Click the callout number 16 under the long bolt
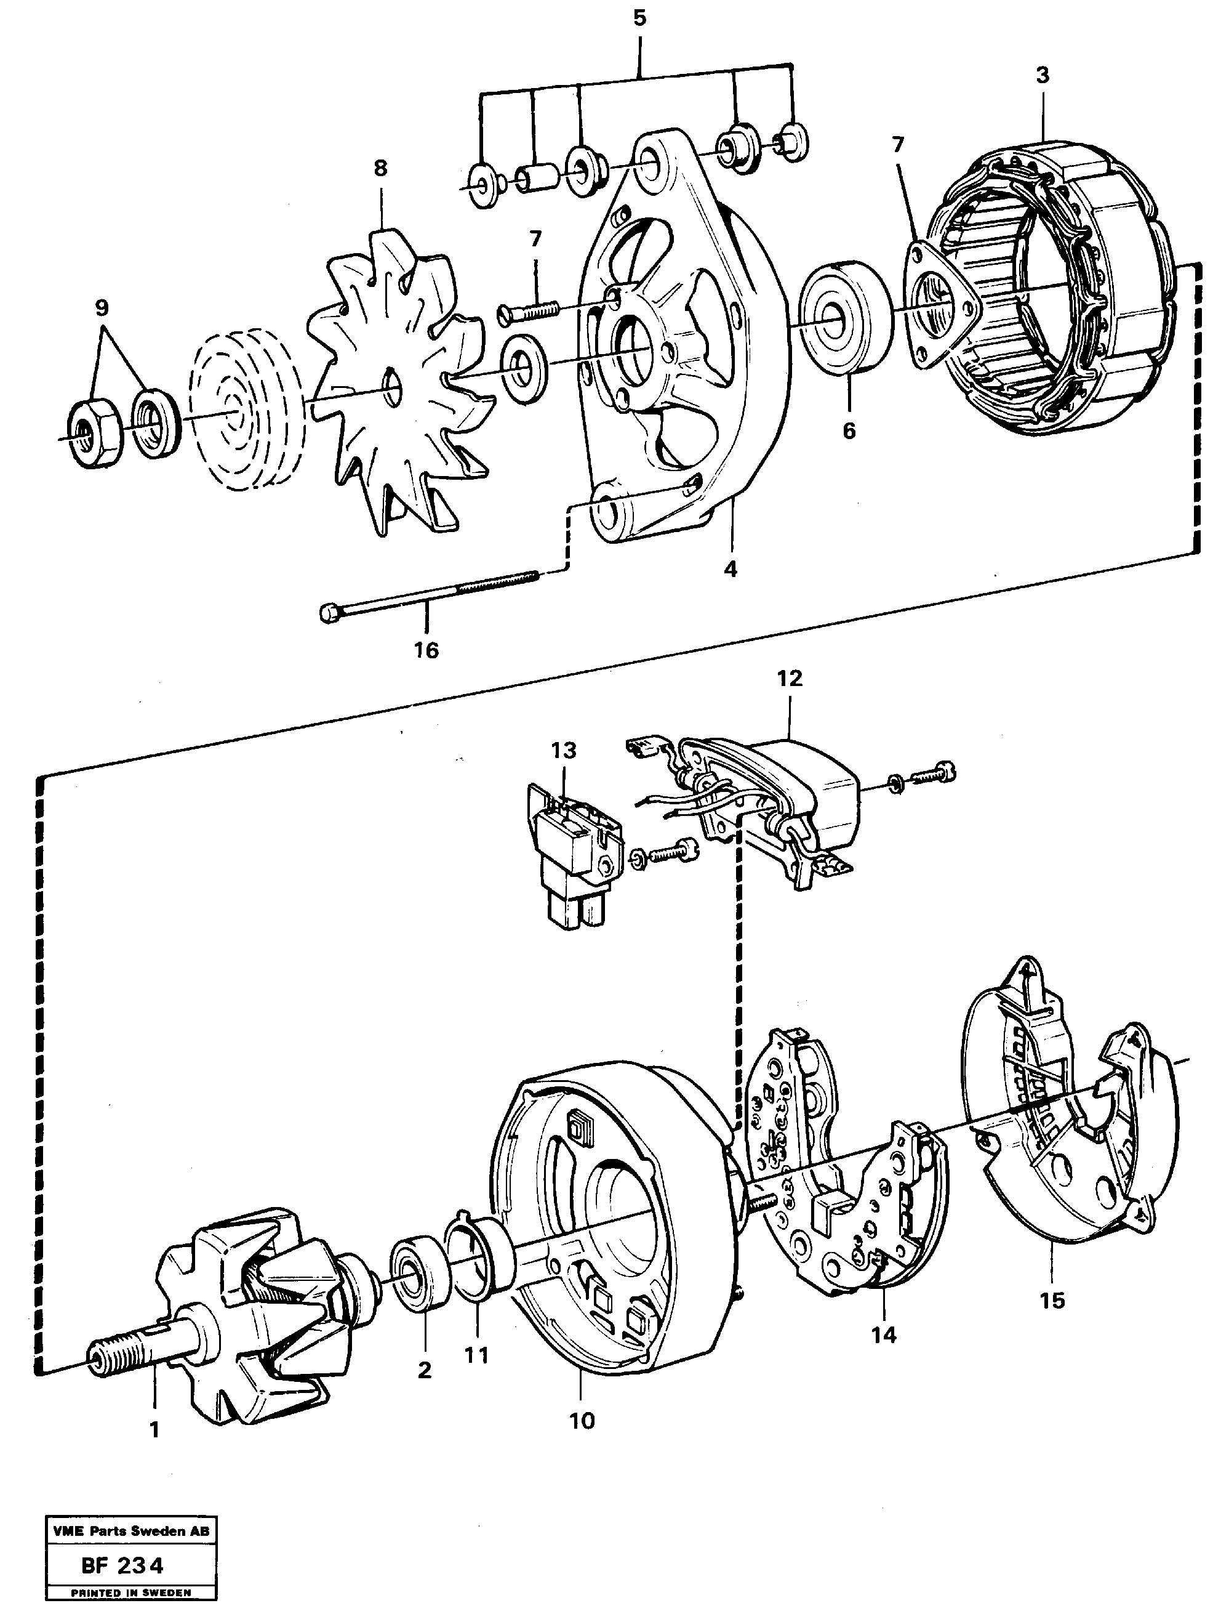pyautogui.click(x=426, y=649)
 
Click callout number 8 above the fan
pyautogui.click(x=380, y=168)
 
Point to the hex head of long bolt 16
pyautogui.click(x=330, y=612)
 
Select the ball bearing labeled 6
pyautogui.click(x=846, y=319)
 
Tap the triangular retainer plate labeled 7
pyautogui.click(x=938, y=300)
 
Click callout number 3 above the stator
pyautogui.click(x=1043, y=75)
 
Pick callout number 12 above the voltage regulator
pyautogui.click(x=790, y=679)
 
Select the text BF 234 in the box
pyautogui.click(x=123, y=1566)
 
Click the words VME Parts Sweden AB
pyautogui.click(x=131, y=1531)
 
